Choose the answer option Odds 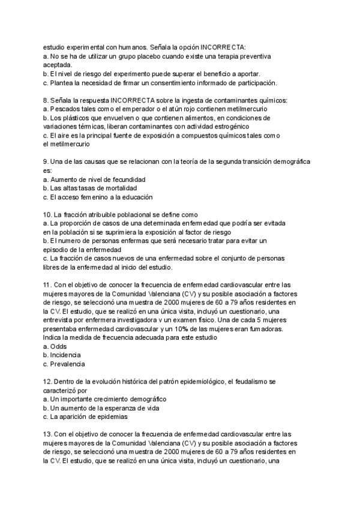58,346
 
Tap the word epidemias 111,417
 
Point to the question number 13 48,434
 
